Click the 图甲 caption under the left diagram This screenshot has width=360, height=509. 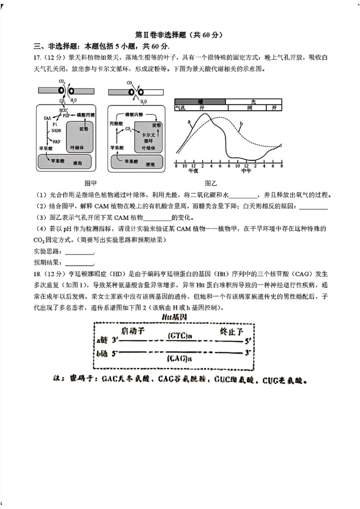pyautogui.click(x=91, y=183)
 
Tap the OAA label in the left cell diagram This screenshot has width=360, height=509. pyautogui.click(x=47, y=117)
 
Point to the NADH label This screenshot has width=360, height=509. pyautogui.click(x=56, y=131)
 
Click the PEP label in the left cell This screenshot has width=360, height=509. pyautogui.click(x=67, y=115)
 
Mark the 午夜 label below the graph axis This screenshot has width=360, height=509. pyautogui.click(x=193, y=171)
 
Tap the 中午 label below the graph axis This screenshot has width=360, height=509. pyautogui.click(x=246, y=171)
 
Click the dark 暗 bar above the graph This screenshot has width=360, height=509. pyautogui.click(x=200, y=102)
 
